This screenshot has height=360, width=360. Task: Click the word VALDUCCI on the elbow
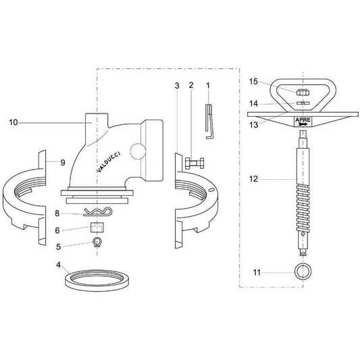click(109, 161)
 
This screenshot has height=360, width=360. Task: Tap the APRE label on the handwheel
click(303, 120)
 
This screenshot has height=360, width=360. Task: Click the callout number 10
click(14, 122)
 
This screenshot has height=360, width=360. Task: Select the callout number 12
click(254, 179)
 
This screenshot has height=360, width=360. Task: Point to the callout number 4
click(59, 265)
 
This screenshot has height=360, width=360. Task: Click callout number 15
click(254, 82)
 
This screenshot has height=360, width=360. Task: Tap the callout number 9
click(63, 163)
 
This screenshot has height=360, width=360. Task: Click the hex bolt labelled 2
click(195, 163)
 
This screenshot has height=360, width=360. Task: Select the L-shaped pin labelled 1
click(209, 122)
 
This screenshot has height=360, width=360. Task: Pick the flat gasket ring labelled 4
click(97, 287)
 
